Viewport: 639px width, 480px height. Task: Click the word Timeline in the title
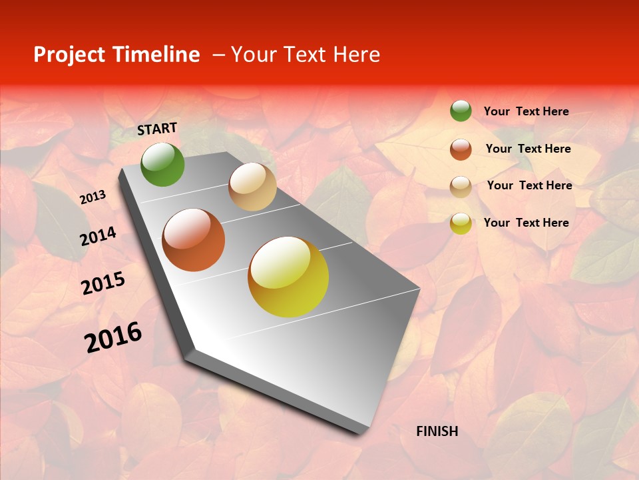(x=157, y=55)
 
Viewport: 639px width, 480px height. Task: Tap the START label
(x=157, y=129)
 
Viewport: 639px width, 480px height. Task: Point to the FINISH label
(x=437, y=431)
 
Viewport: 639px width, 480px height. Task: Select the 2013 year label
(x=93, y=197)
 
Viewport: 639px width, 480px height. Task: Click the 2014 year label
(x=98, y=236)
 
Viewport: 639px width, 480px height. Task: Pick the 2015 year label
(x=103, y=284)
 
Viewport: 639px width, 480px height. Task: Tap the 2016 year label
(x=113, y=337)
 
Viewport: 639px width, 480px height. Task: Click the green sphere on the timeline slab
(x=162, y=164)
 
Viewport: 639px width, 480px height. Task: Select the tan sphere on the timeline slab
(x=252, y=187)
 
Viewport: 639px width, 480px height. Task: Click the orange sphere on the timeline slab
(x=194, y=240)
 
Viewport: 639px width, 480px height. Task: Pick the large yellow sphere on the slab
(x=288, y=277)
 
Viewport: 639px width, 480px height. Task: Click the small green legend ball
(x=461, y=111)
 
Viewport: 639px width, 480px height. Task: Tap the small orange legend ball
(x=461, y=149)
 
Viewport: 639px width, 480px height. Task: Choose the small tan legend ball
(x=461, y=187)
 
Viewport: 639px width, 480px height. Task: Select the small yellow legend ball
(x=461, y=223)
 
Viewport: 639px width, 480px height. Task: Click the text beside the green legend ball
(x=526, y=111)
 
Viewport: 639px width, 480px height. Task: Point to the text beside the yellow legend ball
(x=526, y=223)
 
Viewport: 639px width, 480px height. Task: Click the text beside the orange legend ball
(x=528, y=149)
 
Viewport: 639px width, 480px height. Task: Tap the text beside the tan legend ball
(x=529, y=185)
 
